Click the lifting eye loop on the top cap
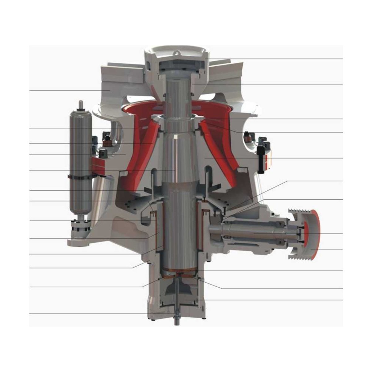[x=178, y=53]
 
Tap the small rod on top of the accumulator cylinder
[x=81, y=104]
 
